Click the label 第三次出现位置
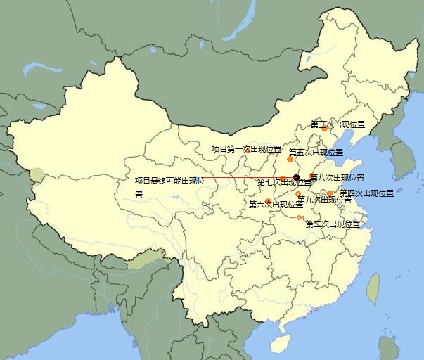[x=338, y=124]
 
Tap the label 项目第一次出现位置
[x=246, y=149]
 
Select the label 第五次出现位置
[x=316, y=153]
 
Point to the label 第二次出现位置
[x=333, y=224]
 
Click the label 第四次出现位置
[x=366, y=193]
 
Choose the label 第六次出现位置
[x=276, y=205]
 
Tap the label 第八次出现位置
[x=338, y=178]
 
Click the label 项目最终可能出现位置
[x=169, y=181]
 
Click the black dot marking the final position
[x=297, y=177]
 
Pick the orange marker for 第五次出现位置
[x=290, y=160]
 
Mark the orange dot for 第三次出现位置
[x=324, y=129]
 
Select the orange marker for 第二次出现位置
[x=300, y=217]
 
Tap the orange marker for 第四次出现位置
[x=330, y=193]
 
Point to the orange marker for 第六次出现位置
[x=268, y=201]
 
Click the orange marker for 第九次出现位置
[x=298, y=193]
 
